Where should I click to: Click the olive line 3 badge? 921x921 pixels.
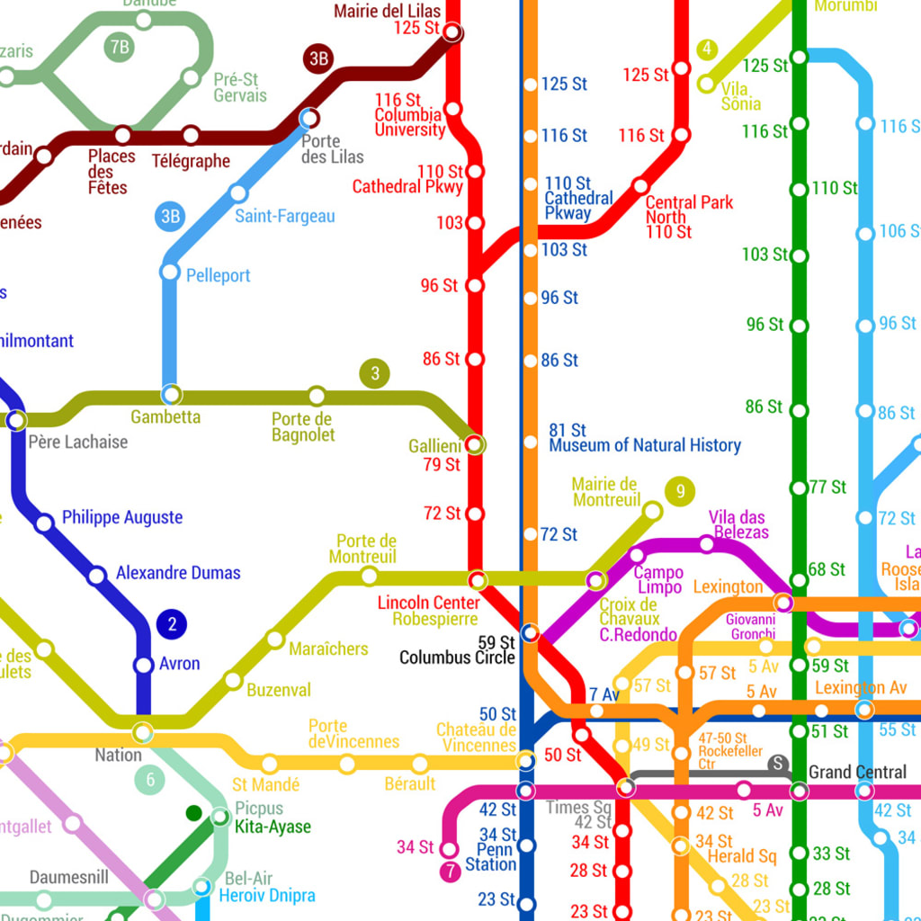(x=374, y=373)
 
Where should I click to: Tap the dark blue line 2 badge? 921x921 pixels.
(x=171, y=624)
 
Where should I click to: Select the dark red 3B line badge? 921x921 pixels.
(x=318, y=59)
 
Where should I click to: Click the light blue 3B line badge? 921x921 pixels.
(x=170, y=216)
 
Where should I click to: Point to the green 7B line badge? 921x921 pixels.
(x=119, y=47)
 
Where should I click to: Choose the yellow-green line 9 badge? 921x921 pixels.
(x=680, y=491)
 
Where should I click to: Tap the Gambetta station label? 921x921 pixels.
(x=165, y=417)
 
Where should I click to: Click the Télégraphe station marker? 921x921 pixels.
(x=191, y=136)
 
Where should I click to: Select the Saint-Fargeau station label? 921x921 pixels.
(x=284, y=216)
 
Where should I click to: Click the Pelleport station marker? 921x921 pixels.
(x=169, y=271)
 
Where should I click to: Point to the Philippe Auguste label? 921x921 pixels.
(x=121, y=517)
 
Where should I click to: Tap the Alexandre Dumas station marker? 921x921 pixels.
(x=96, y=575)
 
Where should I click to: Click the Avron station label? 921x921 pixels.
(x=179, y=665)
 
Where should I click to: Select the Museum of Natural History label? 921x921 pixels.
(x=645, y=445)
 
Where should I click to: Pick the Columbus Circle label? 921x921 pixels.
(x=457, y=657)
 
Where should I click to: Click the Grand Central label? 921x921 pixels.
(x=857, y=772)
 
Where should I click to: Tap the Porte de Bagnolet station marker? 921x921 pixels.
(x=317, y=395)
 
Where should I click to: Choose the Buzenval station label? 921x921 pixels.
(x=278, y=690)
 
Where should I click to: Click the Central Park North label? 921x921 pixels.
(x=689, y=210)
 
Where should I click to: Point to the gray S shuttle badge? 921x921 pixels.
(x=777, y=765)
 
